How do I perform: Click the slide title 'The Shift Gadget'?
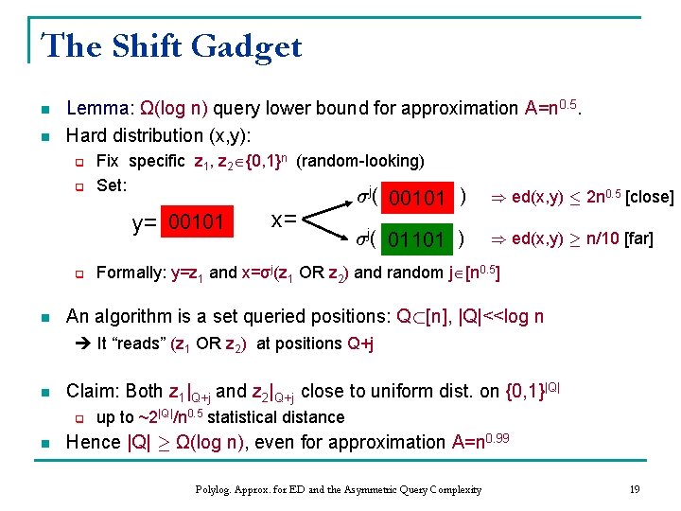tap(171, 45)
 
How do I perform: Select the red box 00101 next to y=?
tap(194, 222)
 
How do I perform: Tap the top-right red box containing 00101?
tap(417, 199)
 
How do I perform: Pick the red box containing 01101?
tap(417, 239)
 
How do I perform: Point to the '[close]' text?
tap(650, 198)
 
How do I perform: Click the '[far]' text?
tap(635, 238)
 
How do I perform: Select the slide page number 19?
tap(635, 489)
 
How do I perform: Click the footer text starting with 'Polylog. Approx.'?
tap(338, 489)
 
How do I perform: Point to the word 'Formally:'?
tap(131, 273)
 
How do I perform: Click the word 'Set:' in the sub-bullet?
tap(112, 185)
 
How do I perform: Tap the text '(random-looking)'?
tap(360, 161)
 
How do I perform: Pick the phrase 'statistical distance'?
tap(276, 417)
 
